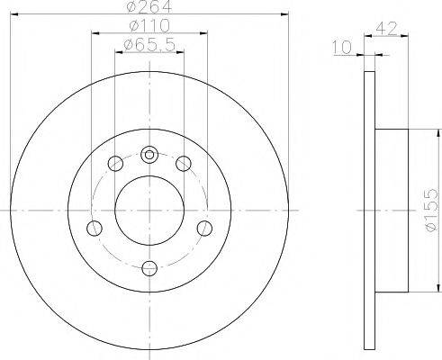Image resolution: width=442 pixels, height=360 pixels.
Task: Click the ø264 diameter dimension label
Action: click(x=149, y=6)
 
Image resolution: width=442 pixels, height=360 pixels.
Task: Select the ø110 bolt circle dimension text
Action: click(x=149, y=26)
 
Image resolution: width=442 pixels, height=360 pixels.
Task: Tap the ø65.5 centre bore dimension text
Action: click(x=149, y=45)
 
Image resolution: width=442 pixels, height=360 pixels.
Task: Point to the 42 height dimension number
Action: click(x=386, y=28)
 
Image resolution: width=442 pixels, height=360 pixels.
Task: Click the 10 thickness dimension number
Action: click(x=342, y=48)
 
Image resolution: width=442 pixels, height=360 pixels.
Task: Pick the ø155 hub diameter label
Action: click(x=431, y=210)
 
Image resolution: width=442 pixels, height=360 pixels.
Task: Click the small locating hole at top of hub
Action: click(x=149, y=155)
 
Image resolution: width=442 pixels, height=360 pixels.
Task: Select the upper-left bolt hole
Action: click(x=115, y=164)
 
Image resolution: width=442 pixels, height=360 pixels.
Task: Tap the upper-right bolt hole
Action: click(x=184, y=164)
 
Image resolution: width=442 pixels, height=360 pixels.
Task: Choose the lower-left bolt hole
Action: click(x=95, y=229)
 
